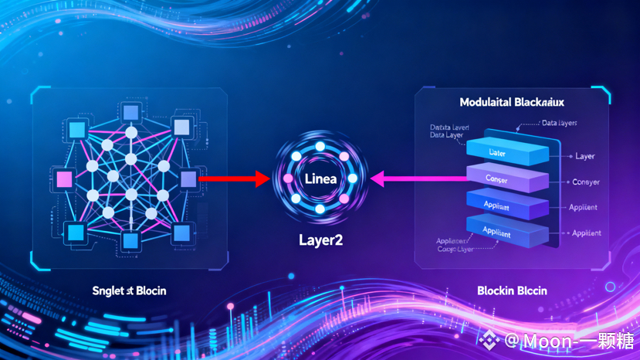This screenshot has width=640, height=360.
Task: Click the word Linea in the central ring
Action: point(320,179)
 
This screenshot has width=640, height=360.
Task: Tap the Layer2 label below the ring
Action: point(320,239)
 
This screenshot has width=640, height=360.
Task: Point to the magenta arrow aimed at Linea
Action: point(417,179)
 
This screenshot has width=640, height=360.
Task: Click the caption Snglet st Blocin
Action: point(129,290)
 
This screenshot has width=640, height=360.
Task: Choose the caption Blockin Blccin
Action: point(512,290)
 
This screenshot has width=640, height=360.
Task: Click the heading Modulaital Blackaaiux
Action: point(512,102)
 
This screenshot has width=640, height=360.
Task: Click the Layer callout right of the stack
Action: point(584,156)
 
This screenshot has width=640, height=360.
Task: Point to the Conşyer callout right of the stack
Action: point(585,182)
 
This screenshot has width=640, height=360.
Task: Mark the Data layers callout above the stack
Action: point(559,123)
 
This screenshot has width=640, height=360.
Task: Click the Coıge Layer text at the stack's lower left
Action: point(455,249)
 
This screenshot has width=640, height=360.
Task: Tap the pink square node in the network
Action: point(64,180)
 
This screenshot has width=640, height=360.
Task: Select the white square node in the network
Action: point(181,127)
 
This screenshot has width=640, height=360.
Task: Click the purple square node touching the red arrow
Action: point(188,180)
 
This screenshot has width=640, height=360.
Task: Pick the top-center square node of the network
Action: point(130,114)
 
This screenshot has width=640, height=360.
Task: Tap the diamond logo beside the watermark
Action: point(488,340)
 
